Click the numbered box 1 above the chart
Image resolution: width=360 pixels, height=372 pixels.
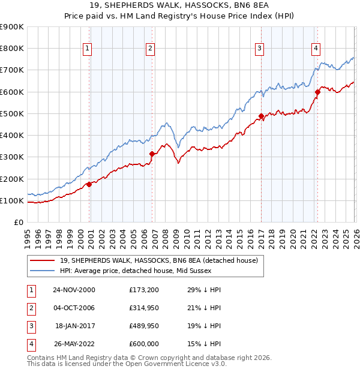coord(88,49)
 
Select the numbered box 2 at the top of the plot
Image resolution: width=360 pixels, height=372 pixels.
coord(150,49)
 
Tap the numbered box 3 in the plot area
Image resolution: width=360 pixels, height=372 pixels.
coord(259,49)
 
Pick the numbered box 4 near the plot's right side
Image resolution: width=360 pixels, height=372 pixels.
coord(316,49)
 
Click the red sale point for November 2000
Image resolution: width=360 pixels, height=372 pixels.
coord(89,184)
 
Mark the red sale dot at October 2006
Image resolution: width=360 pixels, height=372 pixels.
coord(152,154)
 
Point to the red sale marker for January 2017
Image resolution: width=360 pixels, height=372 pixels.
coord(261,116)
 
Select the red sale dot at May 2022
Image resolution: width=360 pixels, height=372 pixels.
coord(317,92)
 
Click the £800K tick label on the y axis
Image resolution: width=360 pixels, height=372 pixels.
coord(11,49)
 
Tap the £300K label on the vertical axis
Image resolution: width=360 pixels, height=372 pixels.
coord(11,157)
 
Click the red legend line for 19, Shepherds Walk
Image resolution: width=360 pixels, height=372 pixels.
coord(42,260)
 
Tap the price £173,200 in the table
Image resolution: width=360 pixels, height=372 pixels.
coord(143,290)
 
